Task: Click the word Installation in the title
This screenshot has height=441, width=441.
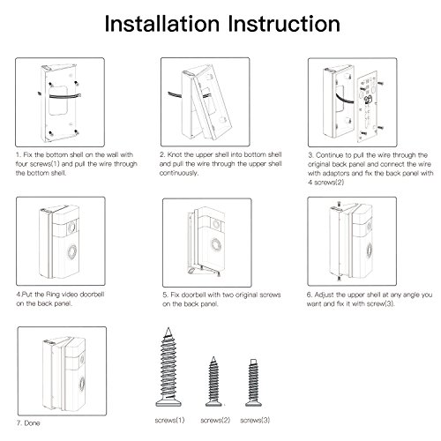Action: (162, 24)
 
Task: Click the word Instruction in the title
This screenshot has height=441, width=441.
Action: (284, 24)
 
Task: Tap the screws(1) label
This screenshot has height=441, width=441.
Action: (169, 420)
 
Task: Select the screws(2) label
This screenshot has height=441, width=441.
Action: (215, 420)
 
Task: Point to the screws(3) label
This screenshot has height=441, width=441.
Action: (255, 420)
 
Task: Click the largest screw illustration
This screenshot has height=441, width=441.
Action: (168, 367)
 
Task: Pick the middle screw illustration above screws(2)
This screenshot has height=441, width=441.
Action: (213, 381)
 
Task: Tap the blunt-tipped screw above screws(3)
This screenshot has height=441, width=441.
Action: (253, 383)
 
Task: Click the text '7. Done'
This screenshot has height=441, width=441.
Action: (28, 423)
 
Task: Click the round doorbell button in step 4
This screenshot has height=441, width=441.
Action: (71, 251)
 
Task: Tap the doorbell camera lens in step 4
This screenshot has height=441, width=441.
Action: (71, 228)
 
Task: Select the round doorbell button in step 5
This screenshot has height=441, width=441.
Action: (216, 245)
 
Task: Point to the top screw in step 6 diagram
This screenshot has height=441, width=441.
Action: (339, 204)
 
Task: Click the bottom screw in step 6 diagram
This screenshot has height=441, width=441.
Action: (340, 278)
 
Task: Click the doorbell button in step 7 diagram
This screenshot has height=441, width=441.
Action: (82, 384)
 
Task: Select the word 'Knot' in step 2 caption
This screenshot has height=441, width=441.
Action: (175, 154)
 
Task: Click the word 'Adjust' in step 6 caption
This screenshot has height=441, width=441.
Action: (325, 295)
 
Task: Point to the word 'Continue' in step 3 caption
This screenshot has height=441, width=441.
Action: (330, 155)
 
